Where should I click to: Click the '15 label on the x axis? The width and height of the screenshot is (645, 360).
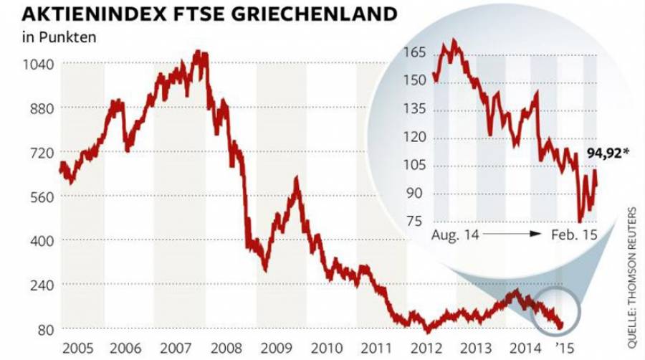565,349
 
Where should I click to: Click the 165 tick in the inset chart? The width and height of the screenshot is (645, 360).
416,53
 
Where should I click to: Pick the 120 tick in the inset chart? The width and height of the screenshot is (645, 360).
416,137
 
